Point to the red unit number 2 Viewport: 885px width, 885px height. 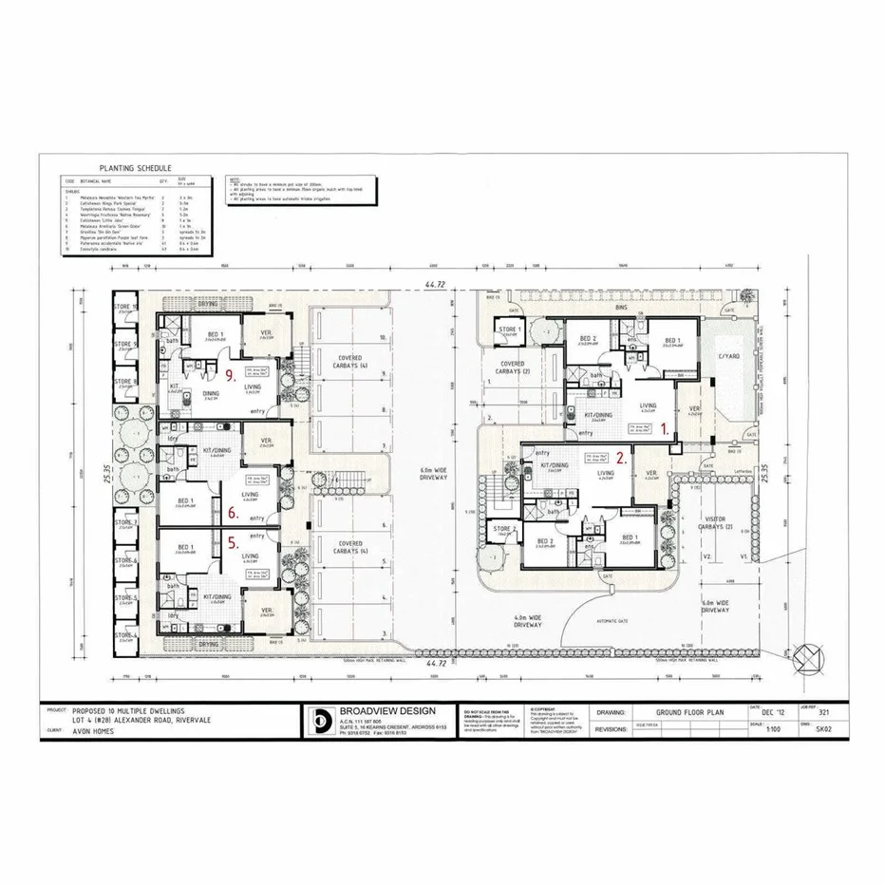click(x=620, y=457)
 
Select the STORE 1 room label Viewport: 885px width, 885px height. click(x=510, y=330)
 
